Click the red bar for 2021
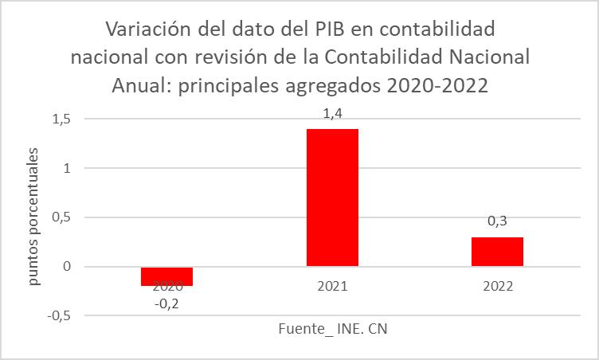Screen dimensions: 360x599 click(x=332, y=197)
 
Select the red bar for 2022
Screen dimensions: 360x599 click(x=497, y=251)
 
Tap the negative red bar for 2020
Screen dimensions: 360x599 click(x=167, y=276)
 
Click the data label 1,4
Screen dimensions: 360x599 click(x=332, y=115)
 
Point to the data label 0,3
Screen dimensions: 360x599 click(x=497, y=223)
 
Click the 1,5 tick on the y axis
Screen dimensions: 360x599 click(x=61, y=119)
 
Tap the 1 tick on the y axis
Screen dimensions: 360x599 click(x=67, y=168)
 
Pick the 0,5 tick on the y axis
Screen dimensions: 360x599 click(x=61, y=217)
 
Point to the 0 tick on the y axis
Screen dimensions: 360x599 click(x=67, y=267)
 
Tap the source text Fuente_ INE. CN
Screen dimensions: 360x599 click(x=332, y=329)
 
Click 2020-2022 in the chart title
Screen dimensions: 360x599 click(x=437, y=85)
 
